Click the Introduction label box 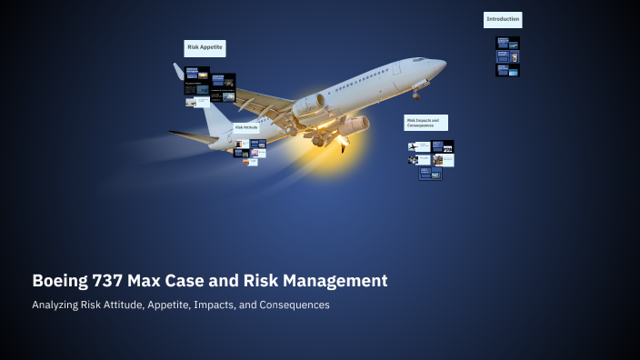503,19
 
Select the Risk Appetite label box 205,48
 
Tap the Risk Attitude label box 246,128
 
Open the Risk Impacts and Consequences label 425,123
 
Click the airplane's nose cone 441,65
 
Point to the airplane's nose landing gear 416,92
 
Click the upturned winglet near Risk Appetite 179,71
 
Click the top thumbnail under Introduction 507,43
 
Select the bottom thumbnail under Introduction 507,70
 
